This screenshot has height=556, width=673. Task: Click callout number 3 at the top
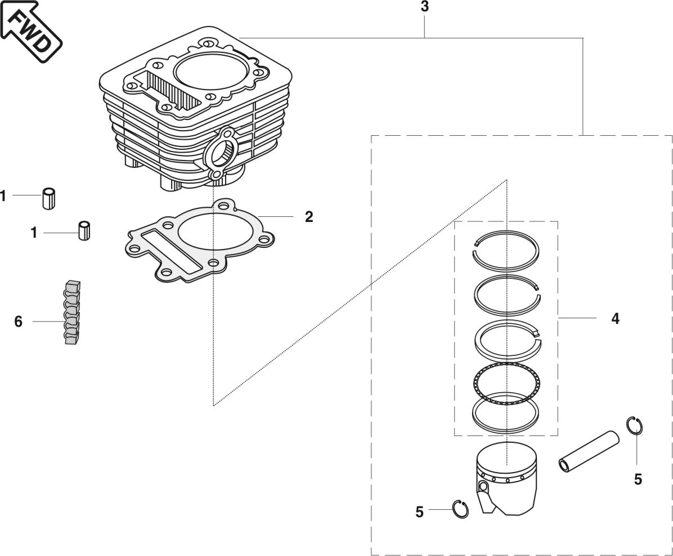[x=424, y=7]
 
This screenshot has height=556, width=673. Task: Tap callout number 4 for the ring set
[x=615, y=319]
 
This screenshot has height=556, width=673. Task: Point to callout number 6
[x=19, y=322]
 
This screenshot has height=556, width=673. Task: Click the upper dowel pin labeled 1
[x=49, y=199]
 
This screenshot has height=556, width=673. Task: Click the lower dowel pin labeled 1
[x=85, y=231]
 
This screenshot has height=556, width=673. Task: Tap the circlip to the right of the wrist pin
[x=635, y=425]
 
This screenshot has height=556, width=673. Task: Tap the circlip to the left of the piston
[x=461, y=509]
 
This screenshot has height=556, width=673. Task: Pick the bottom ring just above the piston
[x=505, y=414]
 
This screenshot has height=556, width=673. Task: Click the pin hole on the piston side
[x=482, y=486]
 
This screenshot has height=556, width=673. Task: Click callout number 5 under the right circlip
[x=638, y=479]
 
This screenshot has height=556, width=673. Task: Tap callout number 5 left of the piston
[x=419, y=512]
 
